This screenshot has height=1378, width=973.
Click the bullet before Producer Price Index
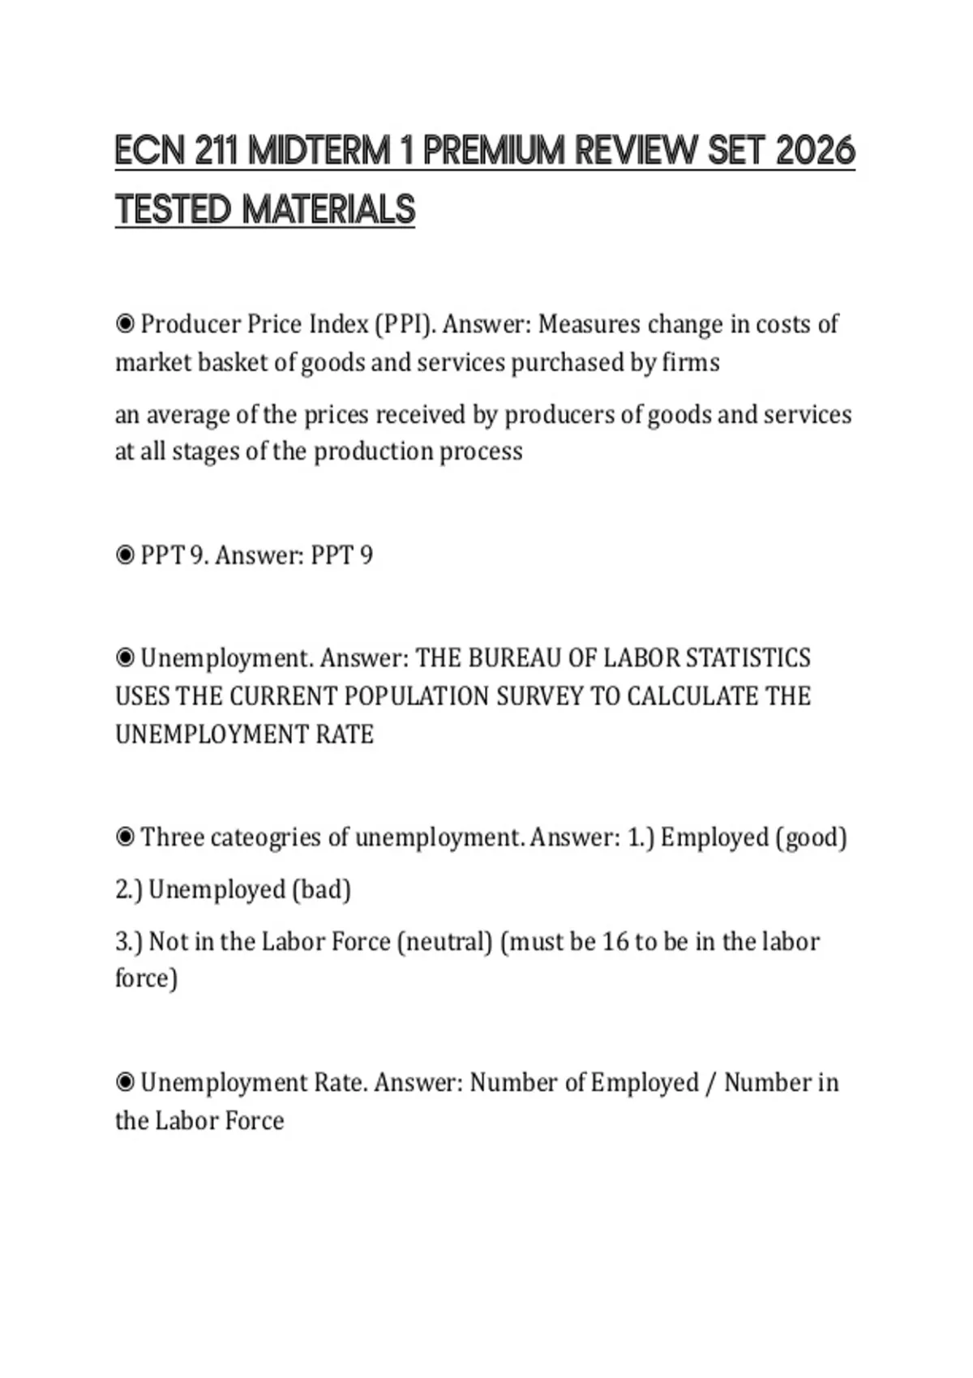coord(125,325)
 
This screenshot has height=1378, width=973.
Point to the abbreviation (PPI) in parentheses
coord(405,325)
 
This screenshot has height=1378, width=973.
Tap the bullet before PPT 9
coord(125,556)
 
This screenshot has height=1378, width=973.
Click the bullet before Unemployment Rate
coord(125,1083)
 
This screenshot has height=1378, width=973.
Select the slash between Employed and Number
coord(711,1084)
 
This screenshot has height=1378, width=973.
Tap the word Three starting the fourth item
coord(172,837)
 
